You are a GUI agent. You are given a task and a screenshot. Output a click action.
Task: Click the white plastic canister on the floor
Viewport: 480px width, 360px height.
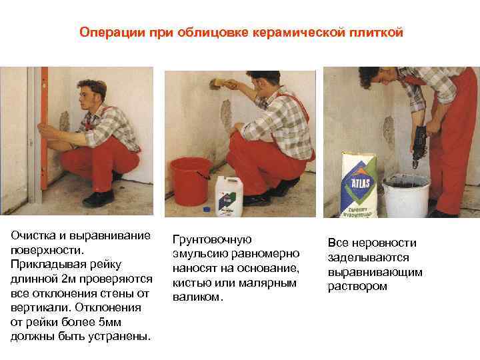(x=229, y=196)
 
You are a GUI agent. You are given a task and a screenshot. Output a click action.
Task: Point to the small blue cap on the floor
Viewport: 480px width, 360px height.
(x=207, y=209)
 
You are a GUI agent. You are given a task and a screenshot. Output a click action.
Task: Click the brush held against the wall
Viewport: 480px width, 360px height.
(x=218, y=83)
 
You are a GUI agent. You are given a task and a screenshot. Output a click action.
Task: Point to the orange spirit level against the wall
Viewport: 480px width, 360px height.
(x=45, y=129)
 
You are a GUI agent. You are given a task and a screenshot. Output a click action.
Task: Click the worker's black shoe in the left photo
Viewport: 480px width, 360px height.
(x=98, y=199)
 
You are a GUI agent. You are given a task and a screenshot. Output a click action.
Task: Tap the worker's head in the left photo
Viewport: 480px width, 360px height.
(x=92, y=95)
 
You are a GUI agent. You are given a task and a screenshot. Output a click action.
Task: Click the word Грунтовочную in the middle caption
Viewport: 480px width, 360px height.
(x=212, y=239)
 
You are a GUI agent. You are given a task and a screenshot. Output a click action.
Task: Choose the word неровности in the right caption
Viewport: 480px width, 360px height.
(x=384, y=243)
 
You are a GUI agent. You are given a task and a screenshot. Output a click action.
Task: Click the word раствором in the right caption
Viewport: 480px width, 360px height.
(x=357, y=287)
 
